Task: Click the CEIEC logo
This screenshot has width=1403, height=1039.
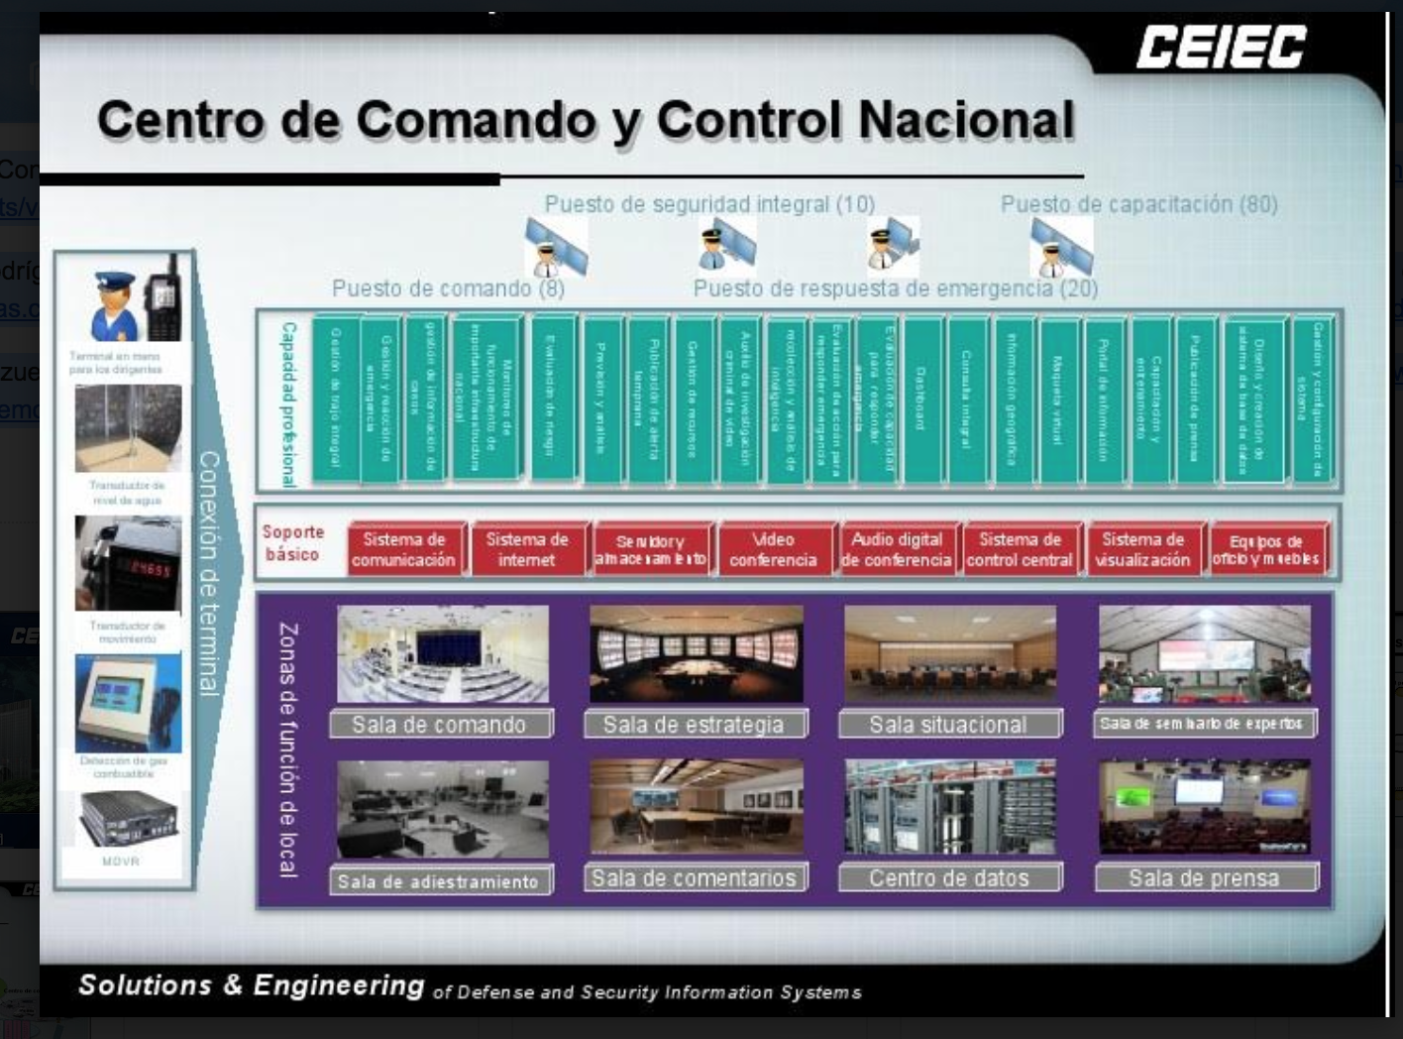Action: [x=1221, y=48]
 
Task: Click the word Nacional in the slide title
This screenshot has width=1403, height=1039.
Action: [x=966, y=120]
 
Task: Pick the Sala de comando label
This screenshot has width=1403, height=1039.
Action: [x=439, y=725]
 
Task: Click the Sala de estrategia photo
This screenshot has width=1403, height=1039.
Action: [x=696, y=653]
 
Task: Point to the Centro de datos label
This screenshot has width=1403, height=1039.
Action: [x=949, y=877]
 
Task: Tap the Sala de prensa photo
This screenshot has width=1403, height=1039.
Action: [x=1204, y=807]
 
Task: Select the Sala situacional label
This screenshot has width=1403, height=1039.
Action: [x=948, y=725]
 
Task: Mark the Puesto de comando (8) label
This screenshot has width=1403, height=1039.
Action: [x=448, y=289]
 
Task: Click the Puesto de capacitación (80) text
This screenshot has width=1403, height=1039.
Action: [x=1138, y=204]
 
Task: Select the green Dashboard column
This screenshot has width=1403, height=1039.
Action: [x=921, y=399]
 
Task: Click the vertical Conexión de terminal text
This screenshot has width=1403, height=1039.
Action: [x=209, y=573]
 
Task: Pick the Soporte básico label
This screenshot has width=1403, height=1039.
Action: [x=292, y=543]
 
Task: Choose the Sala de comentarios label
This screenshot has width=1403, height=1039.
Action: [x=694, y=877]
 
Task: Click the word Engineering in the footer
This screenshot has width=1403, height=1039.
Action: [x=339, y=984]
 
